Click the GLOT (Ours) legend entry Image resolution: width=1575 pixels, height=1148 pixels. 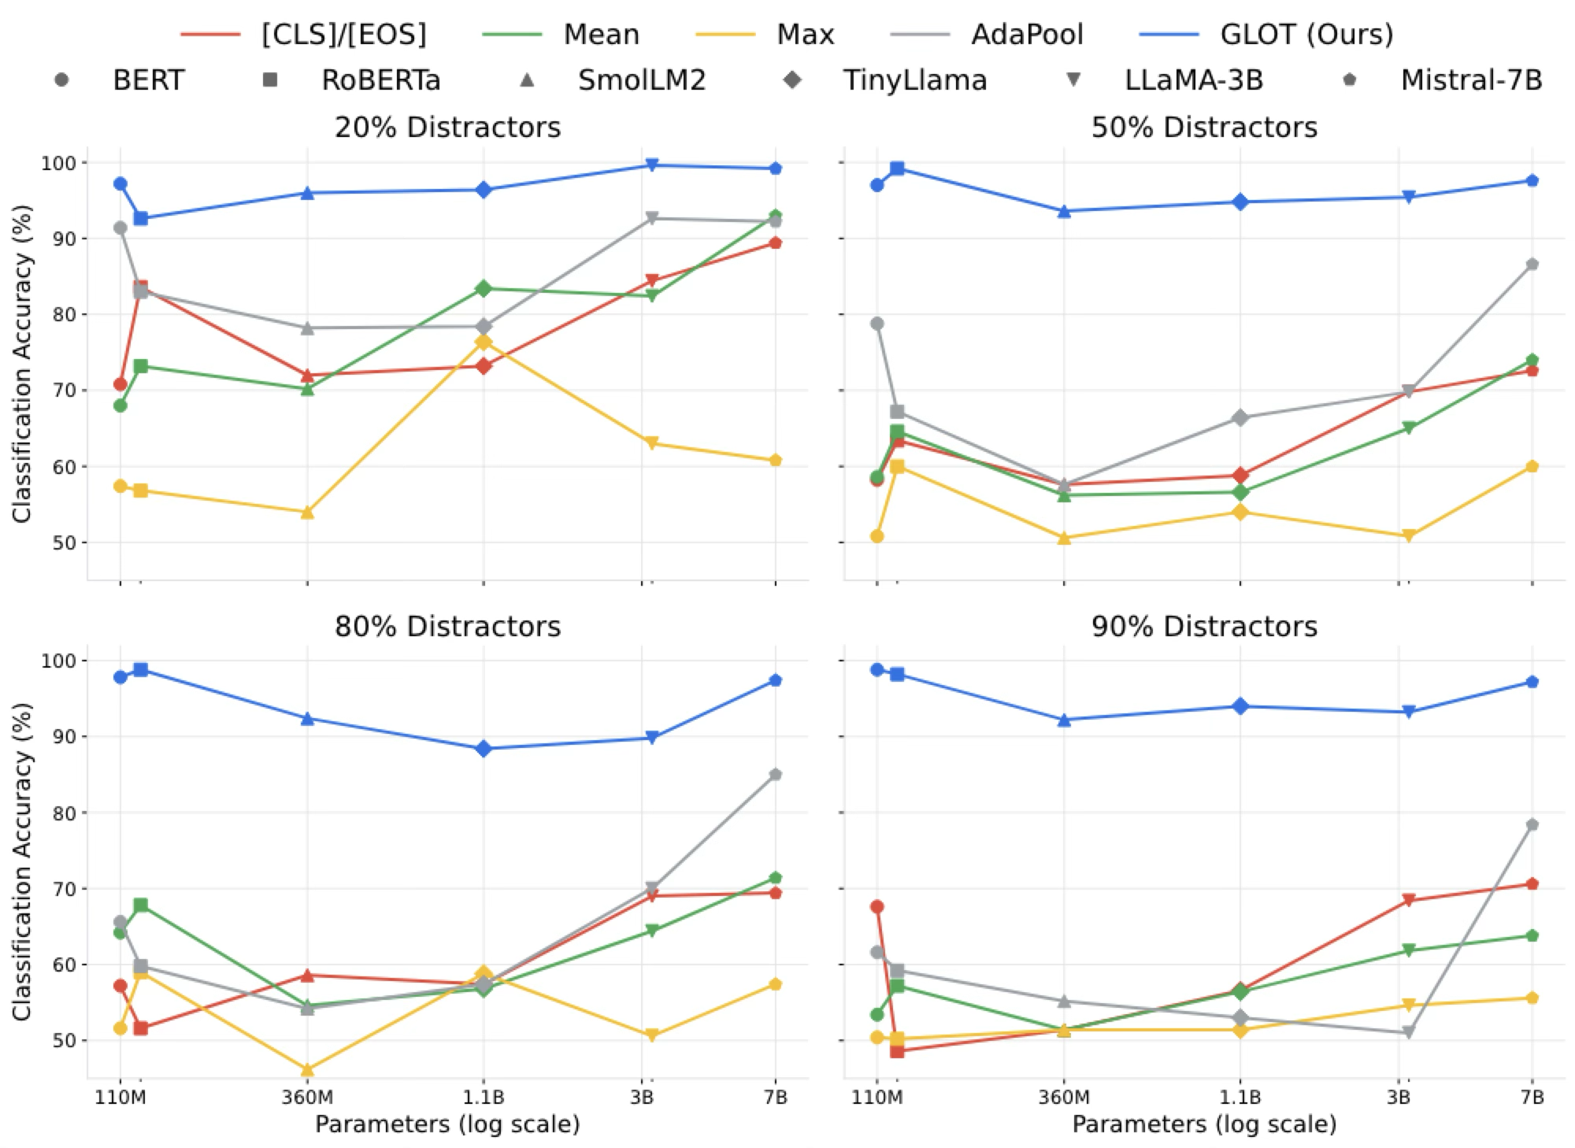[x=1306, y=35]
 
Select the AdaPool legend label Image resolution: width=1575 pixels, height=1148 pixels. [x=1027, y=35]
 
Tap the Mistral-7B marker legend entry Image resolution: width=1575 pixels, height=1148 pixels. [x=1470, y=80]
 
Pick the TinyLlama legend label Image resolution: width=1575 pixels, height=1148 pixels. [x=914, y=80]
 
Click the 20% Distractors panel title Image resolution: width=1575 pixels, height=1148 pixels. [x=447, y=127]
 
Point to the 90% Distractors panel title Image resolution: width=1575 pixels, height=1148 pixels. [x=1203, y=626]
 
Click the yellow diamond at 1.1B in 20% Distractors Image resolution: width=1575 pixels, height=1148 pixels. [x=484, y=342]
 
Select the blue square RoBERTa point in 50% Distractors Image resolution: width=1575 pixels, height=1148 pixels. [x=897, y=168]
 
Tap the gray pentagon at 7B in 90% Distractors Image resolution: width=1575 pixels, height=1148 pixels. [x=1532, y=824]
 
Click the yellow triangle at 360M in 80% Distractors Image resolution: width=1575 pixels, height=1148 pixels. [x=307, y=1070]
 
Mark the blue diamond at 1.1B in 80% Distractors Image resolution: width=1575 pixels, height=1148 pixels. [x=484, y=748]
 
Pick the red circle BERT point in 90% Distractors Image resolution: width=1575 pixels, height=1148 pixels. [x=876, y=906]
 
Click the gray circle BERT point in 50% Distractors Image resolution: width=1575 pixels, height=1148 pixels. [x=876, y=324]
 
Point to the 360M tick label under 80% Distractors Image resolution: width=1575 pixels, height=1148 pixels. [x=307, y=1097]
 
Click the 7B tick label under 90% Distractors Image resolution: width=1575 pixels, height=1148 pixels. [x=1532, y=1097]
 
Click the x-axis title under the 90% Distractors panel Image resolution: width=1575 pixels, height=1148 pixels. [x=1203, y=1124]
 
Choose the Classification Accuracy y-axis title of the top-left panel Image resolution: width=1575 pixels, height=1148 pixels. [x=21, y=363]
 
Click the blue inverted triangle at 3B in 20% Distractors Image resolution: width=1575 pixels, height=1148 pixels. [x=651, y=165]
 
